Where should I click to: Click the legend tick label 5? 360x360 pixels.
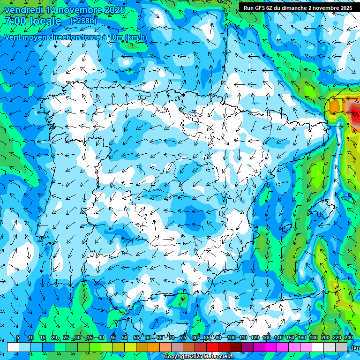click(x=18, y=337)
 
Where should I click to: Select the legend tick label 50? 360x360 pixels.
click(x=125, y=337)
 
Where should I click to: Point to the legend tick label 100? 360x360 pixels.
click(x=231, y=337)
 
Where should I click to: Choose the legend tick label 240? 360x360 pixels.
click(x=348, y=337)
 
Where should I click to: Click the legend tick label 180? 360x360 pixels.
click(x=313, y=337)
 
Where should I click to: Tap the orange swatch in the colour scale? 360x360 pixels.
click(x=142, y=347)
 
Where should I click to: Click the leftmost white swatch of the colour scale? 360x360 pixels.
click(x=13, y=347)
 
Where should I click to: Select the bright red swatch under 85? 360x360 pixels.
click(x=213, y=347)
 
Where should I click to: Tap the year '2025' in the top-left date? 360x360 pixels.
click(x=114, y=10)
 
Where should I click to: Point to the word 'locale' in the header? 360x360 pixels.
click(x=45, y=21)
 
